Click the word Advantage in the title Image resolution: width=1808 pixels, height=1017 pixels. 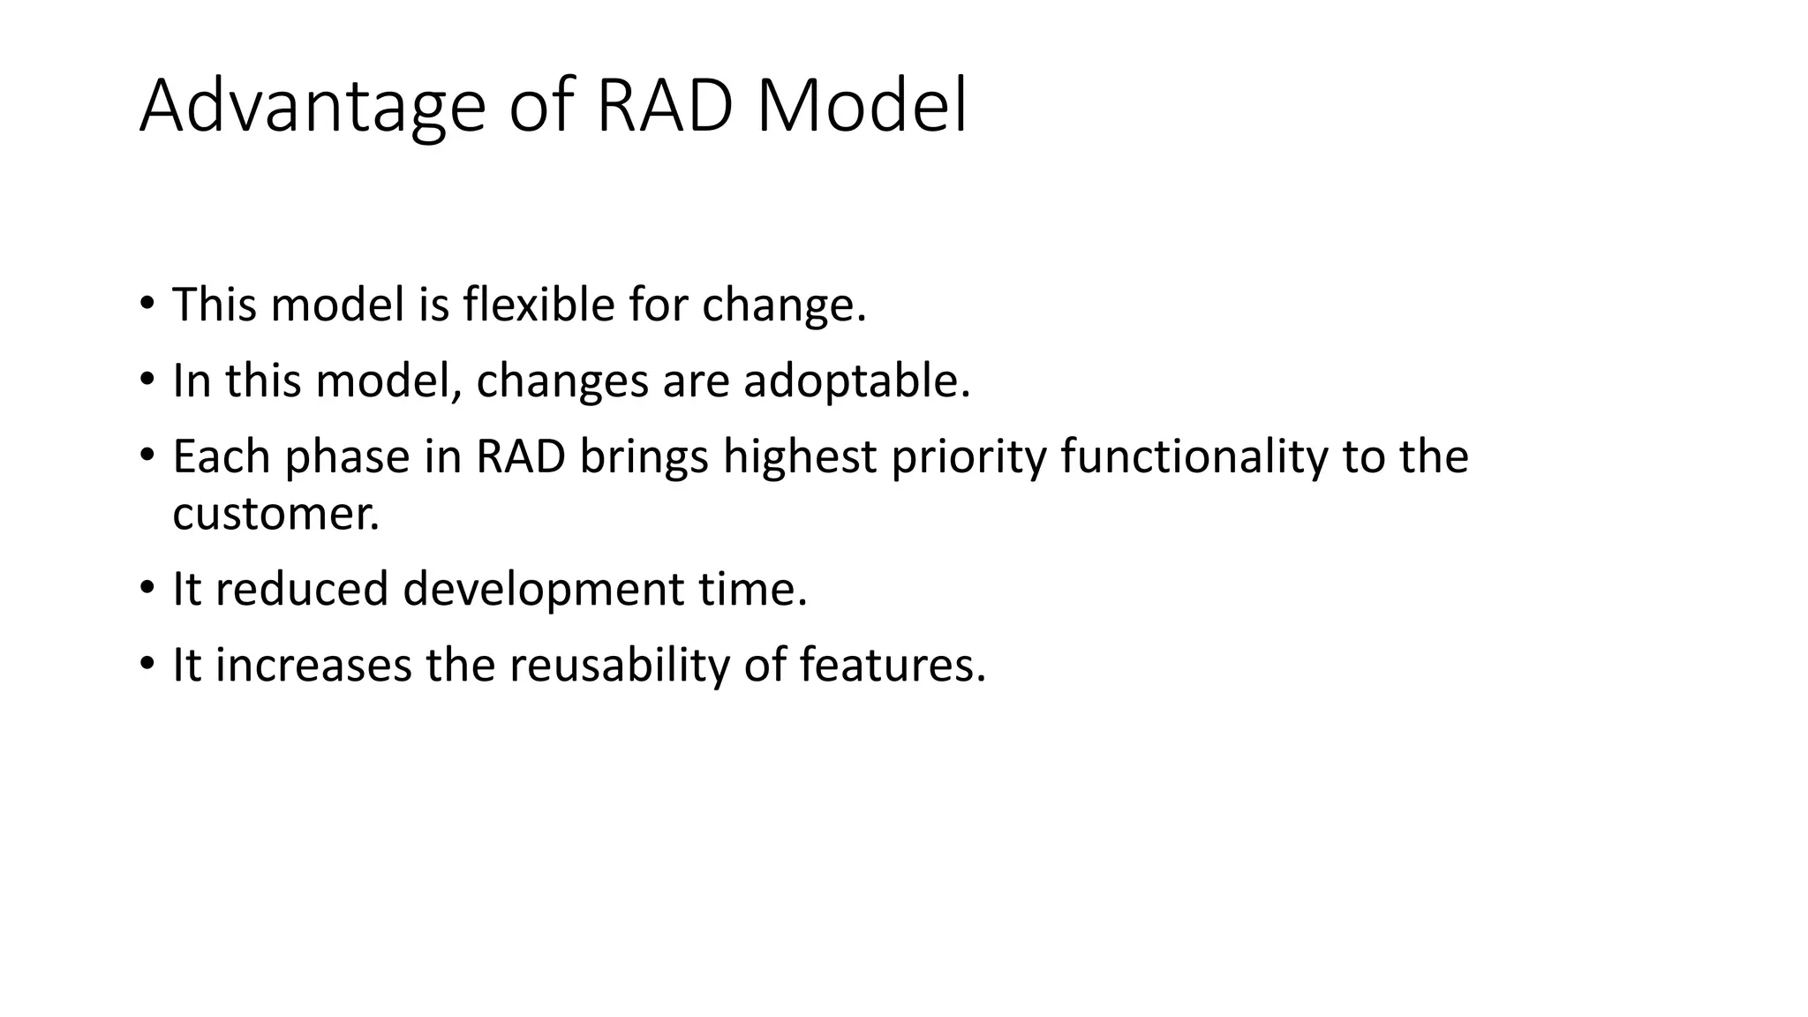coord(313,108)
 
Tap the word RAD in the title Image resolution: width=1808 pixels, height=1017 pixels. coord(665,108)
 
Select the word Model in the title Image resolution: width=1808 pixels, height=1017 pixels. coord(863,108)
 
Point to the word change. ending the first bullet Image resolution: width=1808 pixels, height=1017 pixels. coord(784,306)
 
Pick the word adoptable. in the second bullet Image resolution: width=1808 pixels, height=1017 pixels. coord(856,381)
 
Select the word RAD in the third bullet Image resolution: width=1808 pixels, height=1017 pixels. coord(520,456)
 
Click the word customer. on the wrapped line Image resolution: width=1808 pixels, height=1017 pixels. coord(275,514)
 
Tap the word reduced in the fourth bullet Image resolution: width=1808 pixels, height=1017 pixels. coord(301,589)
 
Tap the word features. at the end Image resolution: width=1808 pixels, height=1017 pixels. coord(893,665)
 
